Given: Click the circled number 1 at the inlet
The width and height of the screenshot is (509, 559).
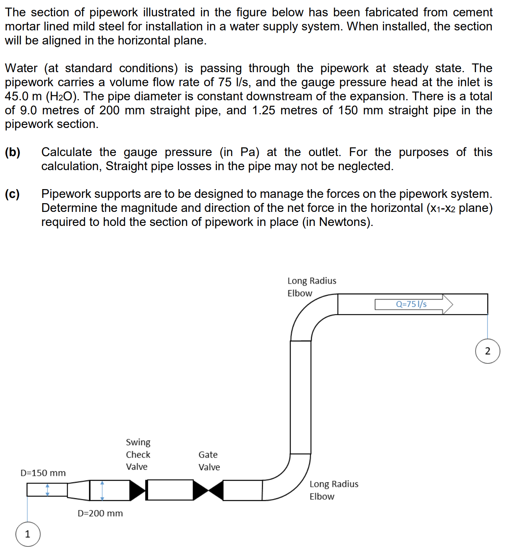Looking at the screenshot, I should pyautogui.click(x=28, y=534).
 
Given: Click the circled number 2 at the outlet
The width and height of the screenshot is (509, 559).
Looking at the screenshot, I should pyautogui.click(x=487, y=351).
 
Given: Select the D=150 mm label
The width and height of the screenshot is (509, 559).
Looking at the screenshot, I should pyautogui.click(x=43, y=473).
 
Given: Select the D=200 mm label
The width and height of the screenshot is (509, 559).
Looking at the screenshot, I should pyautogui.click(x=100, y=513).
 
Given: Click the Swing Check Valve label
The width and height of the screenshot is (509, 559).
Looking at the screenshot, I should pyautogui.click(x=138, y=454).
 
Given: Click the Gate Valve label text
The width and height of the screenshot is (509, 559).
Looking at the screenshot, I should pyautogui.click(x=209, y=461).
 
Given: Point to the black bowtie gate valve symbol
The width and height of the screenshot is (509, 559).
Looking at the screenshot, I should pyautogui.click(x=208, y=490).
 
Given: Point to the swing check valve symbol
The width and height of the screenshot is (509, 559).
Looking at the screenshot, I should pyautogui.click(x=137, y=490).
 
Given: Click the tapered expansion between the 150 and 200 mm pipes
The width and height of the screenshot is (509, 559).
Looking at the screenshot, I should pyautogui.click(x=78, y=490).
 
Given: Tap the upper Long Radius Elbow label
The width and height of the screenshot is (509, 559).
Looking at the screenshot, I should pyautogui.click(x=311, y=287).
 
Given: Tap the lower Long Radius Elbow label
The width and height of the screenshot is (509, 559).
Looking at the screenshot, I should pyautogui.click(x=334, y=490).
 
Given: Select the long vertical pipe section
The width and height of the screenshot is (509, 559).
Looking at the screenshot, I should pyautogui.click(x=300, y=397).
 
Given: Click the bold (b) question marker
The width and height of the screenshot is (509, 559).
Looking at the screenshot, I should pyautogui.click(x=13, y=152).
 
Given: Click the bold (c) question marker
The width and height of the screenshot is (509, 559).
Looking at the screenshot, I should pyautogui.click(x=13, y=194).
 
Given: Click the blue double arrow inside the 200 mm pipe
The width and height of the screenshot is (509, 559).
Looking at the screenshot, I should pyautogui.click(x=102, y=490).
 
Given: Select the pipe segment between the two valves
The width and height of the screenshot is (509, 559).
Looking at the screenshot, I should pyautogui.click(x=169, y=490).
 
